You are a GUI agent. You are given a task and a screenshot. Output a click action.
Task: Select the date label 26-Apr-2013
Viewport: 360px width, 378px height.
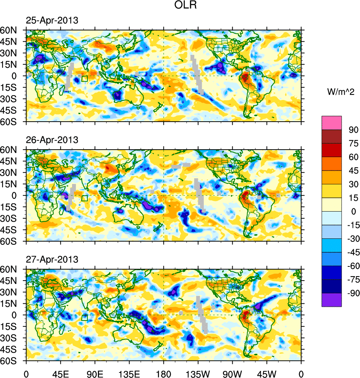52,140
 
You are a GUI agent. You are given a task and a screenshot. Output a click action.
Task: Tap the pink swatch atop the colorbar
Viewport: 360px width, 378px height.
332,123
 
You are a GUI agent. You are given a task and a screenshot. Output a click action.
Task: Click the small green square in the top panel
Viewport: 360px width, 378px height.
84,78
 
